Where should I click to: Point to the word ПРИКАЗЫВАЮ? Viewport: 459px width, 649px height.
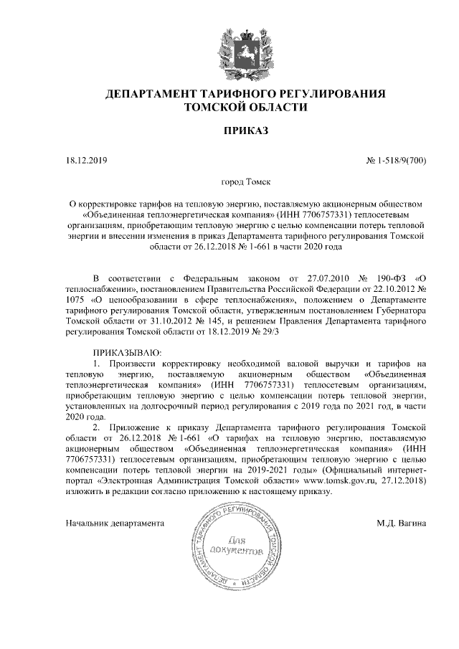point(128,353)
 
